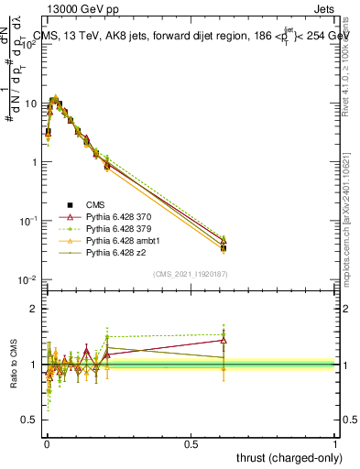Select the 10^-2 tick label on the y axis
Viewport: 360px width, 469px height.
(x=28, y=280)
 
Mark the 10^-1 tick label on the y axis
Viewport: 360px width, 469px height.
(x=28, y=222)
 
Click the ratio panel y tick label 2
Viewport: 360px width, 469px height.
(x=32, y=310)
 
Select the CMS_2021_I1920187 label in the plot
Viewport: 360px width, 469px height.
(x=190, y=274)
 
